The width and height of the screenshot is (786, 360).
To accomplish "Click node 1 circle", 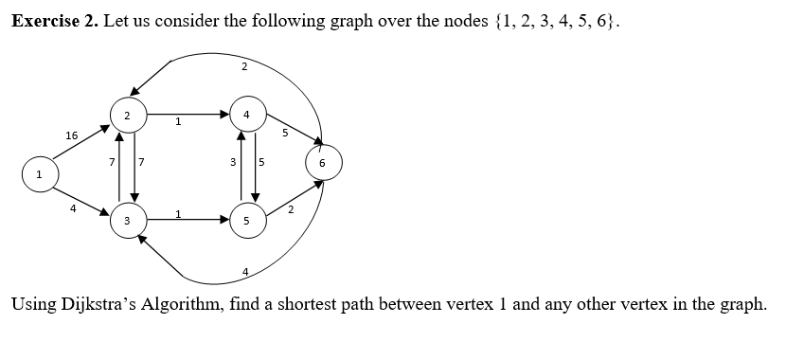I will click(x=39, y=175).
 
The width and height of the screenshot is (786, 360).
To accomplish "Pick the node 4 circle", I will click(x=246, y=115).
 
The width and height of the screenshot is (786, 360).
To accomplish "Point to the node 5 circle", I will click(x=246, y=220).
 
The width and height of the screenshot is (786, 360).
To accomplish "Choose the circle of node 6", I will click(x=322, y=162).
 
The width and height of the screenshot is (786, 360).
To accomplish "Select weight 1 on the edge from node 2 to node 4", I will click(x=178, y=121).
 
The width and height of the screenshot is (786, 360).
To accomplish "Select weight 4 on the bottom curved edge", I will click(x=245, y=274).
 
